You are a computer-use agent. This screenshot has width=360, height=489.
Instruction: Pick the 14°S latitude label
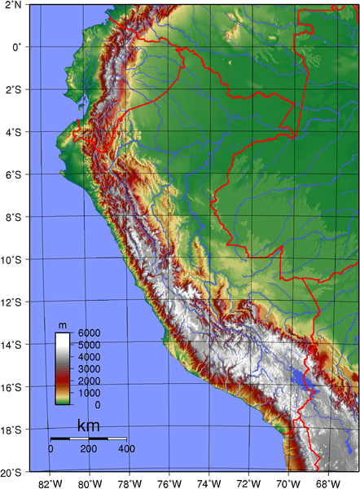coord(11,345)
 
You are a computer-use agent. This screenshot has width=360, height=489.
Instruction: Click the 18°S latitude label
coord(11,430)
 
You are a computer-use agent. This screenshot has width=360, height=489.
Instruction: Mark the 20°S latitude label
coord(11,472)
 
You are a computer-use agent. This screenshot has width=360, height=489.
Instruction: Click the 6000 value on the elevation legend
coord(89,333)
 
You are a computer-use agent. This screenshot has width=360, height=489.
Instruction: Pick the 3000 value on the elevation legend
coord(89,369)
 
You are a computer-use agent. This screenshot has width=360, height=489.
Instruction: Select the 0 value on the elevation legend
coord(98,404)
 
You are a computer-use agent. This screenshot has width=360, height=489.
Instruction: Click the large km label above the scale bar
coord(88,426)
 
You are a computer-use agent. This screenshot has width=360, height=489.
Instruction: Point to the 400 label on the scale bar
coord(126,449)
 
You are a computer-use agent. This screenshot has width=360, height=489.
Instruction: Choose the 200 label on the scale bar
coord(89,449)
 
